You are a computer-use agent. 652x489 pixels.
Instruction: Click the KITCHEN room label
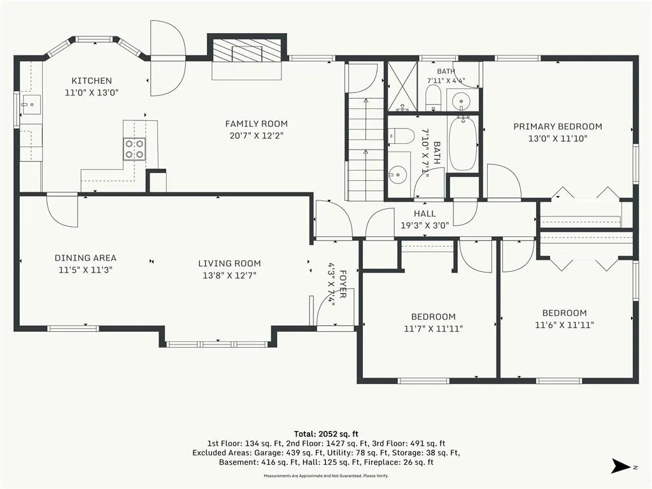click(x=92, y=81)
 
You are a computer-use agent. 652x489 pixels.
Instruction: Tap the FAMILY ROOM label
click(x=256, y=124)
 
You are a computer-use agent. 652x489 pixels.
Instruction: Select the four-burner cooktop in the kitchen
click(x=134, y=149)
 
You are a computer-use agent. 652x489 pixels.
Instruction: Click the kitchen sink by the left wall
click(x=31, y=105)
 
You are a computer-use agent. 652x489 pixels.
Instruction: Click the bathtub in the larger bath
click(x=463, y=143)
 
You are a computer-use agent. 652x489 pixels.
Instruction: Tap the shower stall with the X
click(x=402, y=87)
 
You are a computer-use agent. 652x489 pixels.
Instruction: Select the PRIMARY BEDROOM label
click(x=558, y=127)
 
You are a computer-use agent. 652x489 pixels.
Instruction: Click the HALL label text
click(x=425, y=214)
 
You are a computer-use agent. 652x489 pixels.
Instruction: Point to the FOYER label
click(x=343, y=284)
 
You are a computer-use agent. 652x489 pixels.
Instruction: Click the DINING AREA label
click(x=86, y=258)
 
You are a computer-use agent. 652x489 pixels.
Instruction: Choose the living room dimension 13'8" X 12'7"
click(x=229, y=275)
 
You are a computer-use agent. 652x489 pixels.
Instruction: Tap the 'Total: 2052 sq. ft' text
click(x=327, y=434)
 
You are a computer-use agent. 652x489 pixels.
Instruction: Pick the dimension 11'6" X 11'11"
click(x=564, y=325)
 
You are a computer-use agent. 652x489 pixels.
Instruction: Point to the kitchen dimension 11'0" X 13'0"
click(x=92, y=92)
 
